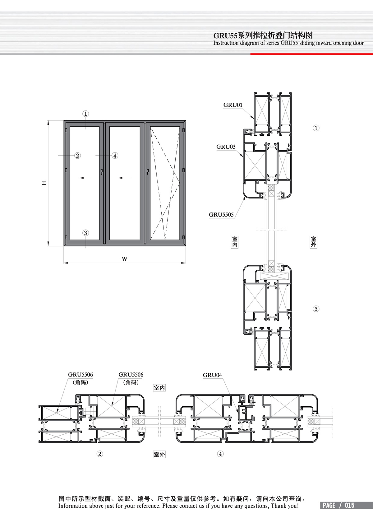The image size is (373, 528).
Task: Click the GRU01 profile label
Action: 233,105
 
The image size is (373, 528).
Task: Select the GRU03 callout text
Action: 226,147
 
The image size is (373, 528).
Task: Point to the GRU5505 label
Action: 221,214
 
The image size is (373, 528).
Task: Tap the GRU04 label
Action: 212,375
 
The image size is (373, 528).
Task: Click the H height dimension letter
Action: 44,183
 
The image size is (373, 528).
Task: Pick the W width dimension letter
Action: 125,259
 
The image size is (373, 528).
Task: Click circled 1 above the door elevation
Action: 85,114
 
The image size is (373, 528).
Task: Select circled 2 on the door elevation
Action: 77,156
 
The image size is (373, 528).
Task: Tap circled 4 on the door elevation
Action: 115,156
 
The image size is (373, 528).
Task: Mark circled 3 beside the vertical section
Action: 316,309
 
